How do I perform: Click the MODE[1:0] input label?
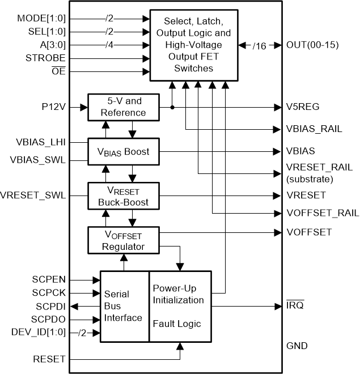41,18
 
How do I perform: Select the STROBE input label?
45,58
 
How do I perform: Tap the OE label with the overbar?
58,71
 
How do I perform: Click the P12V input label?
53,107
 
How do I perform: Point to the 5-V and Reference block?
124,107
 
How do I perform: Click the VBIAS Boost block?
124,151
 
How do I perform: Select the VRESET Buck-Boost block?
124,196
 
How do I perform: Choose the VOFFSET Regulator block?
124,240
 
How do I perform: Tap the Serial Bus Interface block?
125,307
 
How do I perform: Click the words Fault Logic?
177,324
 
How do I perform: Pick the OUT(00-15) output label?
312,45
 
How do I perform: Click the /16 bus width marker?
259,46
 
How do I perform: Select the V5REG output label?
303,107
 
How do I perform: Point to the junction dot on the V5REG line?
172,108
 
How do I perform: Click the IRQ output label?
295,305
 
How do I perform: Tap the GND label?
297,346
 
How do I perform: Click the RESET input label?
49,359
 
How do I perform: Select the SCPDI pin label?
50,307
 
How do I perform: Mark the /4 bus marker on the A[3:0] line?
109,45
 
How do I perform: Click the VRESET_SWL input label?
33,195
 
